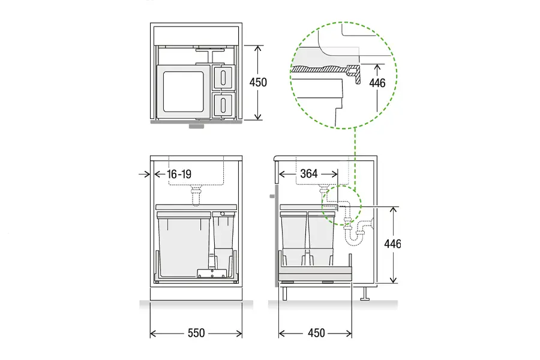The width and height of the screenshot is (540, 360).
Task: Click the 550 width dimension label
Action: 196,333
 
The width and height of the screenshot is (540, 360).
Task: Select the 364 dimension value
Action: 308,173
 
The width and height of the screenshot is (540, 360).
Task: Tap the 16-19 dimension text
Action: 179,174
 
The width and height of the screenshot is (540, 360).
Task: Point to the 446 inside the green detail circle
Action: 377,83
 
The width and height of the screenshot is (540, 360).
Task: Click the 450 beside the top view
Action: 258,82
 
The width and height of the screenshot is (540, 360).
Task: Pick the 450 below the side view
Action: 316,333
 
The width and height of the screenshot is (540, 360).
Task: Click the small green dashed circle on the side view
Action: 340,205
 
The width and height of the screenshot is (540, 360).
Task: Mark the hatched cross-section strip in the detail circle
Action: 318,69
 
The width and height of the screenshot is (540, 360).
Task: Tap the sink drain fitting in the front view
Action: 194,194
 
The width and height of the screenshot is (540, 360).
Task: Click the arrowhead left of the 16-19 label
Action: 148,174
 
